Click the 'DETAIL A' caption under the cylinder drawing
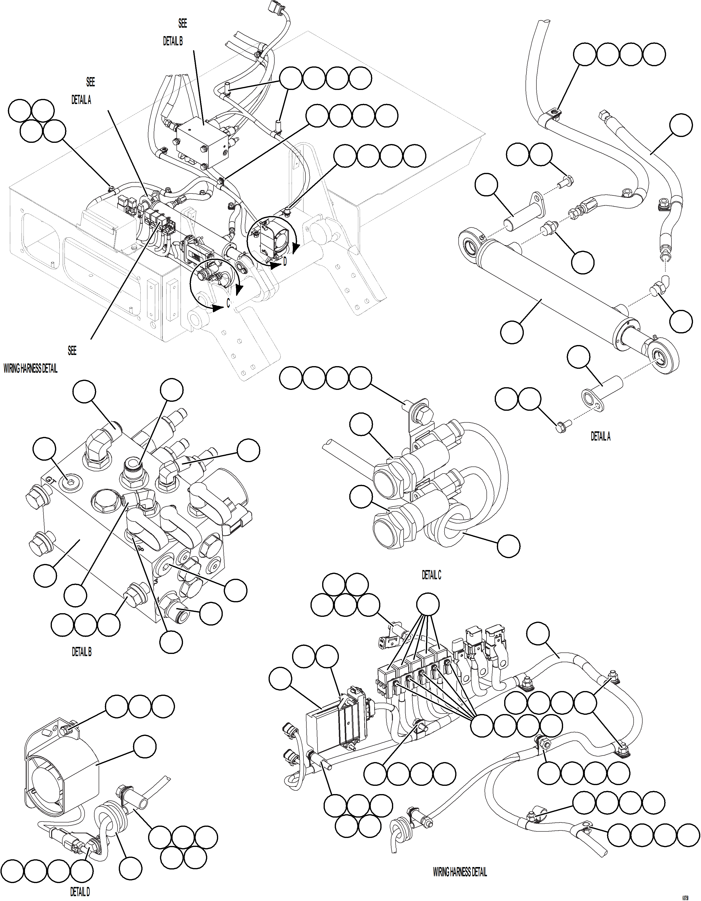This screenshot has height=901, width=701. [600, 436]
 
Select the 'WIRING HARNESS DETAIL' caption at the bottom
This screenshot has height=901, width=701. [459, 872]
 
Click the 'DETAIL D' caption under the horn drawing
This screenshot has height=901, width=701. [80, 892]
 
